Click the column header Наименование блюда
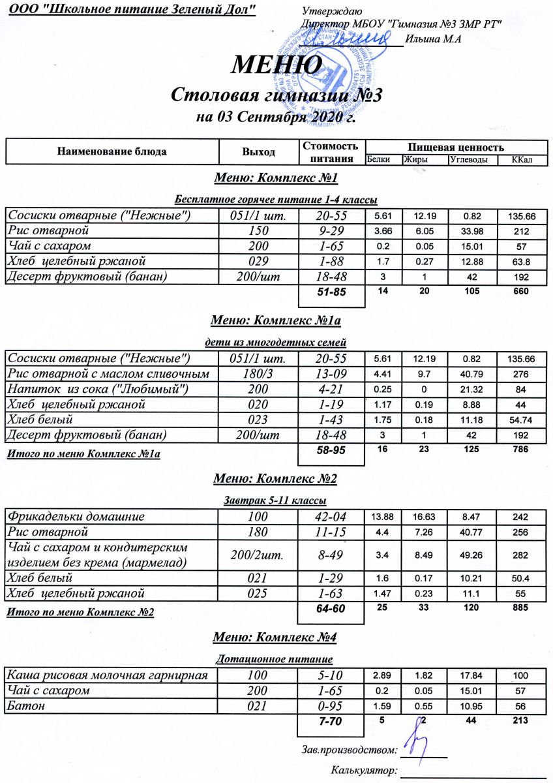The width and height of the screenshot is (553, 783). [112, 151]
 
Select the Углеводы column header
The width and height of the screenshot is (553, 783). [468, 159]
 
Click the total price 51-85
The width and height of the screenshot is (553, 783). [331, 292]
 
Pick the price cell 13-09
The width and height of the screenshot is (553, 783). [331, 374]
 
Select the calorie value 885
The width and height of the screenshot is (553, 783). [520, 607]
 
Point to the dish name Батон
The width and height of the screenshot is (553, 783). [23, 705]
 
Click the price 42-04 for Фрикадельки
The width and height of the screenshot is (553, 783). [331, 516]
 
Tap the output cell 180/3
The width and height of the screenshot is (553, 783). [258, 374]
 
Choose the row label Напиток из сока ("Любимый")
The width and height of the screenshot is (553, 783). [98, 390]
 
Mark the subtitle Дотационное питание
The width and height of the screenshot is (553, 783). [275, 659]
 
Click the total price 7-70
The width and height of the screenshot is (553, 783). [331, 721]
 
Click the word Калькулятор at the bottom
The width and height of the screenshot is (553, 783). [365, 771]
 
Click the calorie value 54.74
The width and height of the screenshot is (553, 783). [520, 420]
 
